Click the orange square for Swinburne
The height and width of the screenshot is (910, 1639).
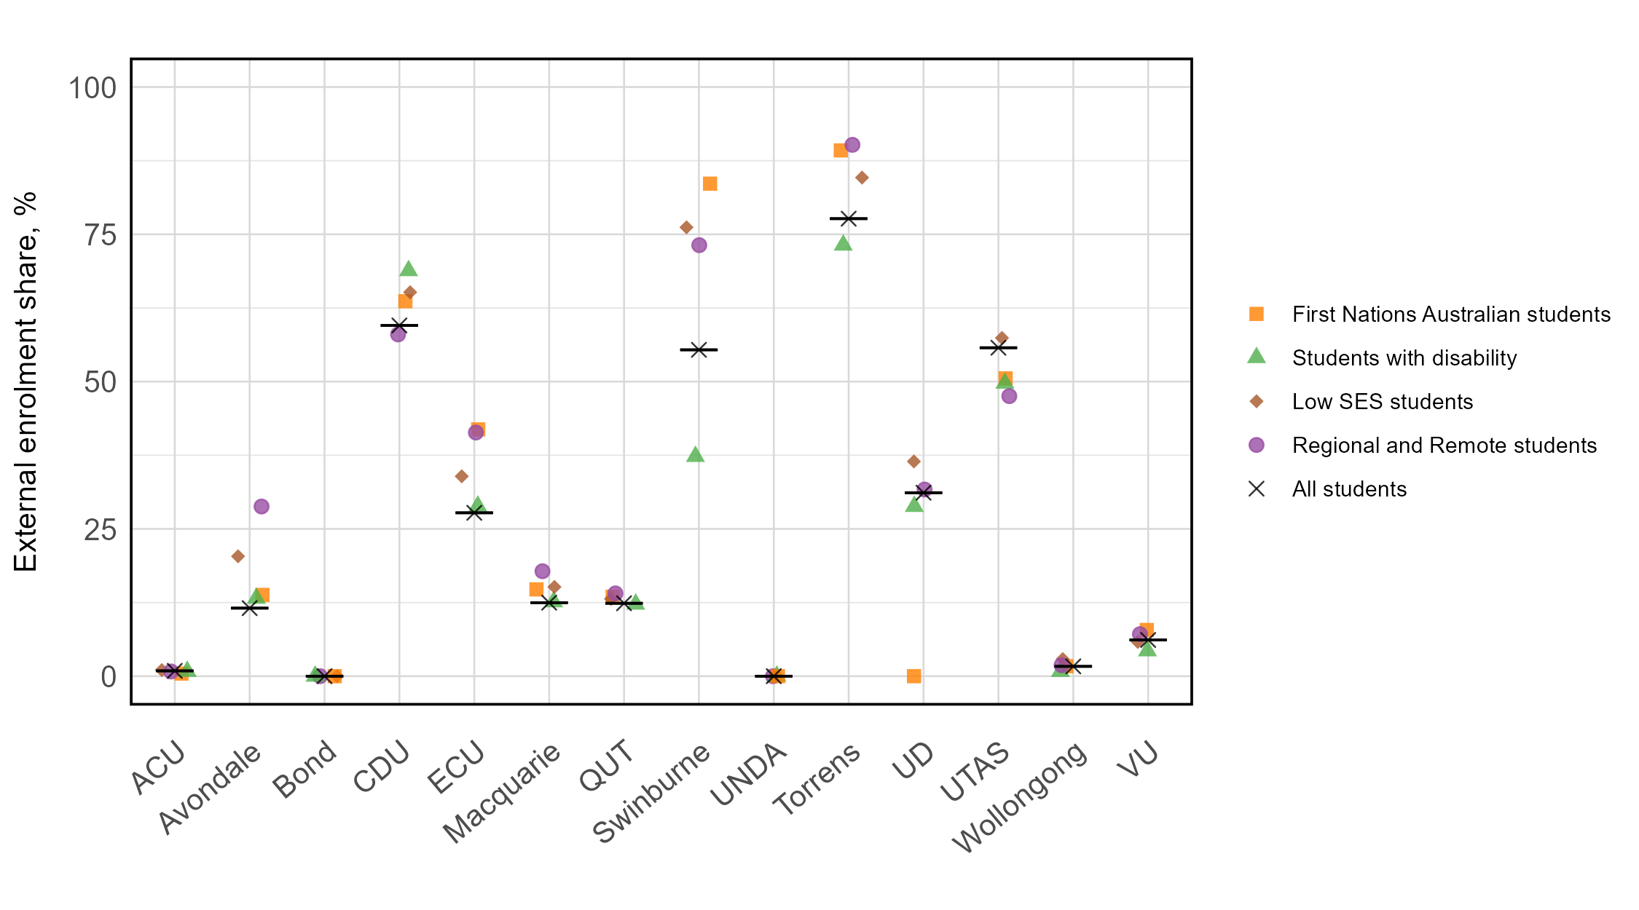[x=710, y=183]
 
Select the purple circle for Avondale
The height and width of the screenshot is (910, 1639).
[x=262, y=507]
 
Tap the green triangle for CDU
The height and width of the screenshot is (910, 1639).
[x=409, y=269]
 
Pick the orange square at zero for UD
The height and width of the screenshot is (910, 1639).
[x=913, y=676]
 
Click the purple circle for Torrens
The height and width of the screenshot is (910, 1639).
[x=852, y=145]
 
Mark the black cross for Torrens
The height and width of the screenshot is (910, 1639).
[x=848, y=218]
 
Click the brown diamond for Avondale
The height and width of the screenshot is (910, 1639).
[x=238, y=556]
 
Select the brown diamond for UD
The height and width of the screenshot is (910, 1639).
[x=913, y=462]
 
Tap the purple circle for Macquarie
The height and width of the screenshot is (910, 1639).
[x=542, y=571]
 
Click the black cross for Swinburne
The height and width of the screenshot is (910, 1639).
[x=699, y=350]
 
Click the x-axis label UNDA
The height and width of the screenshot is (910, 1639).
[x=750, y=775]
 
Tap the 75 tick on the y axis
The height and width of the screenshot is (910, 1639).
[x=100, y=235]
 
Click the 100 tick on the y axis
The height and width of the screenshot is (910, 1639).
[x=92, y=88]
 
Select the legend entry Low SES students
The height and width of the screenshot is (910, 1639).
[x=1382, y=402]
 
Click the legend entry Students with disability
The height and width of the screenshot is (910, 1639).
[x=1404, y=358]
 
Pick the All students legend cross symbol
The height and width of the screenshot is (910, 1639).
[x=1257, y=489]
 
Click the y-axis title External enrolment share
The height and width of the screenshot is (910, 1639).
[x=26, y=381]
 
